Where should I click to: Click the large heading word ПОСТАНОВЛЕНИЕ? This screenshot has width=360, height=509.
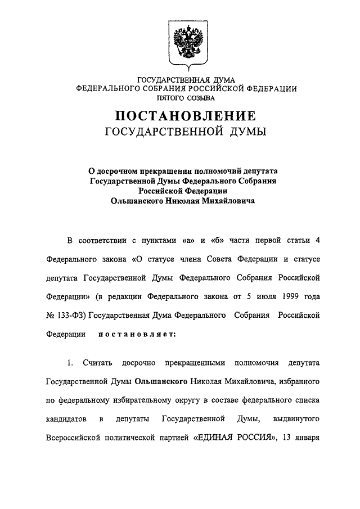coord(186,116)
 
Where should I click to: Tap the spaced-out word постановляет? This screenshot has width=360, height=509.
coord(137,334)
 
